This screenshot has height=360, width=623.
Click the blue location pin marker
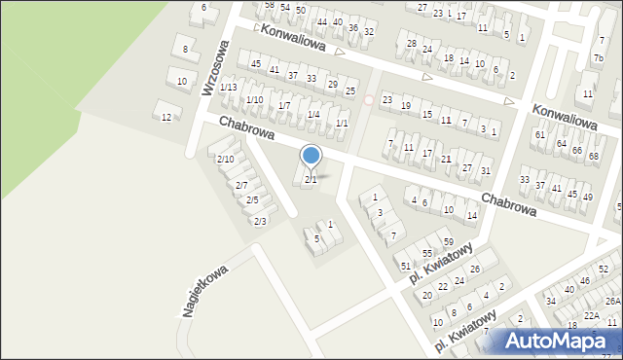tap(311, 156)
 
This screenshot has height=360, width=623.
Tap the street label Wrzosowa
tap(214, 68)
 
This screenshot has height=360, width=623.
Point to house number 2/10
tap(225, 159)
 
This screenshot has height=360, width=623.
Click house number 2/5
tap(251, 199)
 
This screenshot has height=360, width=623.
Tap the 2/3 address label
tap(260, 221)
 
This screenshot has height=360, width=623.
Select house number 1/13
tap(229, 88)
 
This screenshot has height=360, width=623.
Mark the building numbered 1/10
tap(254, 99)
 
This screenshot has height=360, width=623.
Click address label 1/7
tap(284, 105)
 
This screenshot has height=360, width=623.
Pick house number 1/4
tap(313, 114)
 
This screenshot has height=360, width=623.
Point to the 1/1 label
tap(342, 124)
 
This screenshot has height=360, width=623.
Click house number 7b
tap(598, 57)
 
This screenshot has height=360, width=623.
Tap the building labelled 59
tap(449, 241)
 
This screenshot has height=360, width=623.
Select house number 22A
tap(592, 315)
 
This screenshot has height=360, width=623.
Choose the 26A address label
tap(612, 302)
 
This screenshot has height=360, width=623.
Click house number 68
tap(594, 157)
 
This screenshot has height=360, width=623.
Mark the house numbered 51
tap(405, 266)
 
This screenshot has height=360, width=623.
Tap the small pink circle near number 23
tap(368, 99)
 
